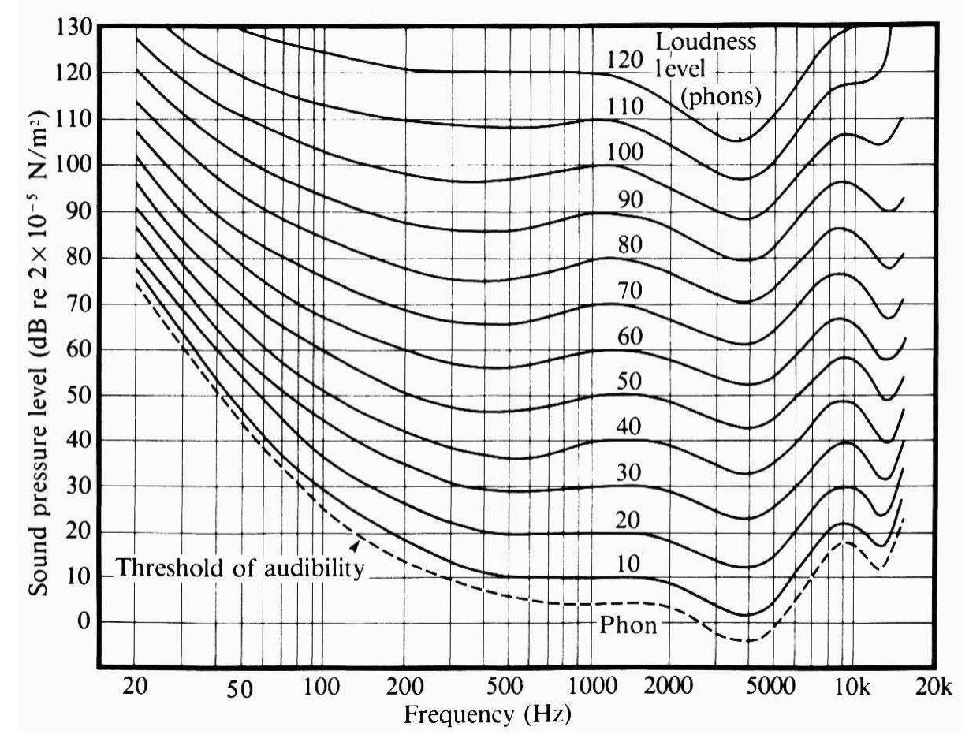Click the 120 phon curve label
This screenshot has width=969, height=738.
click(x=627, y=61)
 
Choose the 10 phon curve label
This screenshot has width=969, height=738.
click(x=628, y=565)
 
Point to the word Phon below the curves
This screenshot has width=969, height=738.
click(x=629, y=627)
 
